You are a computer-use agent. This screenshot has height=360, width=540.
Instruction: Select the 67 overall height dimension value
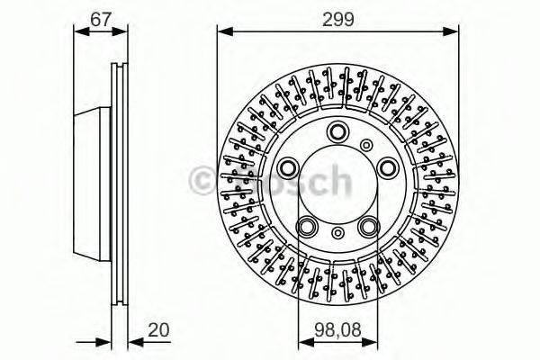tap(102, 19)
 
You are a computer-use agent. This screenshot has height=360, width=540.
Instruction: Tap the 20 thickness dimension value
tap(159, 330)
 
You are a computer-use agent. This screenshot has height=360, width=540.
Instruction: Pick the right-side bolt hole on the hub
tap(387, 166)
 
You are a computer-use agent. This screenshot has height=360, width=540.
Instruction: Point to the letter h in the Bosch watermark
tap(337, 180)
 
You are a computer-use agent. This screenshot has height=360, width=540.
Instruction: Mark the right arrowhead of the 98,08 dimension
tap(374, 345)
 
